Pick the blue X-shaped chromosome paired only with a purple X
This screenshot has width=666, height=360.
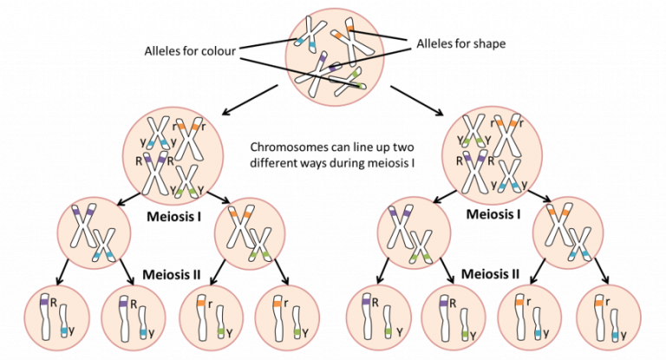click(x=105, y=244)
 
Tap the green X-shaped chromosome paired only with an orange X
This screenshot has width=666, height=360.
click(x=259, y=244)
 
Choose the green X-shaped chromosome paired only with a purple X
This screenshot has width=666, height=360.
click(x=421, y=244)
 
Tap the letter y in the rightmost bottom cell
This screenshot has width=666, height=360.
click(x=624, y=330)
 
